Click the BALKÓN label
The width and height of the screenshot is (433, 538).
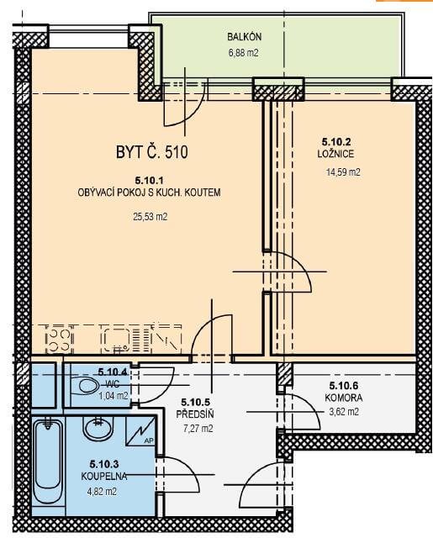point(245,37)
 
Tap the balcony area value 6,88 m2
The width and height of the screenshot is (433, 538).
point(243,53)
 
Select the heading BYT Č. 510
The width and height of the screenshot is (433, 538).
point(152,152)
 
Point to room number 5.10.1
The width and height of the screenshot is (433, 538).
point(150,180)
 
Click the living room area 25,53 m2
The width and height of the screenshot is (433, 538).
point(150,217)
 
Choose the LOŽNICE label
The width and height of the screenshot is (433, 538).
point(335,154)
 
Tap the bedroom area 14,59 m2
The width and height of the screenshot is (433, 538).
point(343,171)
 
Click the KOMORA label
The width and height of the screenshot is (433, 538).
point(343,398)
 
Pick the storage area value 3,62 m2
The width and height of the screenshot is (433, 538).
point(344,411)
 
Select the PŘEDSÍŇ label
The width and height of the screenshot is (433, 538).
point(195,414)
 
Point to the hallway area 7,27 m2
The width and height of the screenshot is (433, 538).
point(198,429)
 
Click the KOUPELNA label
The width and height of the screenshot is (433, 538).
point(104,477)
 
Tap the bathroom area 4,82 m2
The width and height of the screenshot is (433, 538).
point(102,492)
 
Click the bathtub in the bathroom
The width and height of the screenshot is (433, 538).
point(48,462)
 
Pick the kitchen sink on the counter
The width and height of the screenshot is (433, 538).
point(116,340)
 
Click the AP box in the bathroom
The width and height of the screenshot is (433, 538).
point(140,431)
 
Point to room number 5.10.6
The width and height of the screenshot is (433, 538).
point(343,386)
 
